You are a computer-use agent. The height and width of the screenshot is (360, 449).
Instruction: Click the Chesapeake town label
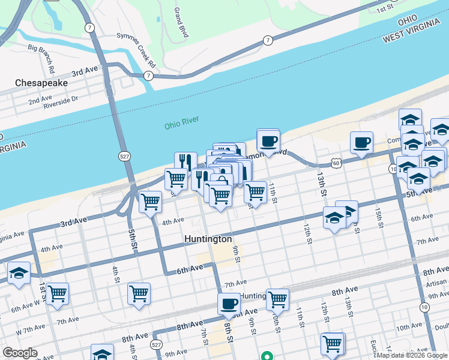coord(41,82)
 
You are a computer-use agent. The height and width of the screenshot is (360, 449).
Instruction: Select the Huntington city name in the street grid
coord(208,239)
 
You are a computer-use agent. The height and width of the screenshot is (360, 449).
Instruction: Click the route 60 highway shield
coord(336,163)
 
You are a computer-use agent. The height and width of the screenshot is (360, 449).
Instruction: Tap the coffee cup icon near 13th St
coord(361,143)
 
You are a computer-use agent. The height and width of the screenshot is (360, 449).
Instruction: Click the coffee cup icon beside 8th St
coord(229,304)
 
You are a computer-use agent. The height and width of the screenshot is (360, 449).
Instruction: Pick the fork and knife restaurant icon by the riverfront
coord(185,162)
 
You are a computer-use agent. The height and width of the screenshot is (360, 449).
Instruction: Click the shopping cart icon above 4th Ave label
coord(150,202)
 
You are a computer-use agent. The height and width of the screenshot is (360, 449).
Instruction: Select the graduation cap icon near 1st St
coord(19,274)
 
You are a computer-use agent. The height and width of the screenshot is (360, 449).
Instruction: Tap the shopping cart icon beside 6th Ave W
coord(58,294)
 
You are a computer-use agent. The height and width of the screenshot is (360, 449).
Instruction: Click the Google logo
coord(20,353)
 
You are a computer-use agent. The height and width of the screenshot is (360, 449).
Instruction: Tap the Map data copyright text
coord(412,355)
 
